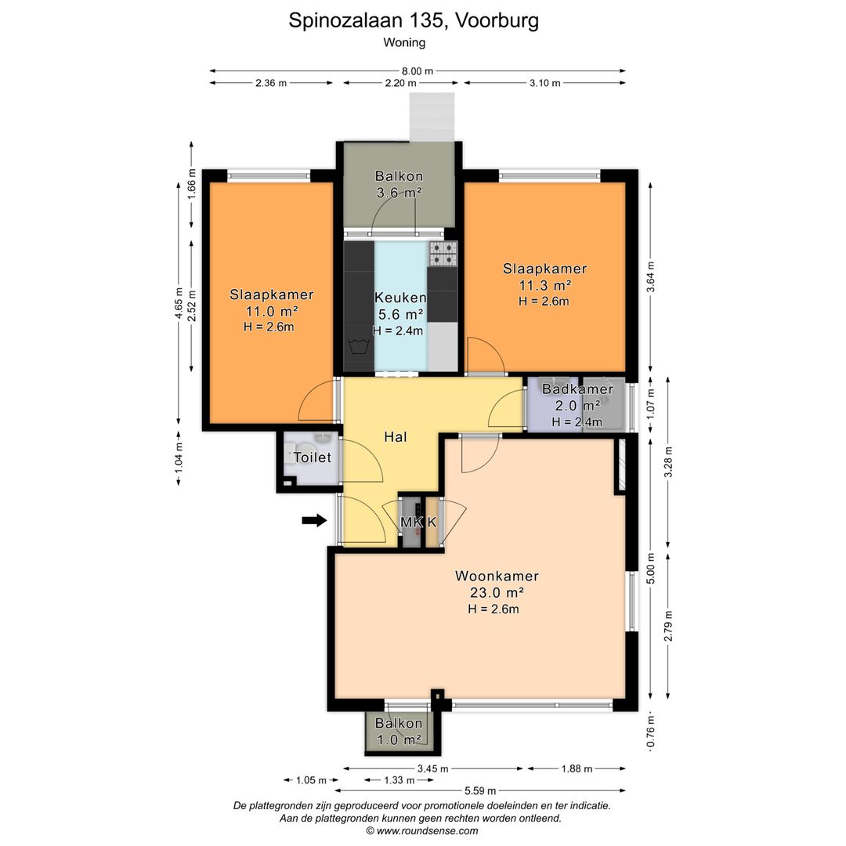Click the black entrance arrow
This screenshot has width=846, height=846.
(314, 520)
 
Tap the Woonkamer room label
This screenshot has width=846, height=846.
(497, 576)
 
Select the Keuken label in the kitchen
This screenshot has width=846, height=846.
(400, 298)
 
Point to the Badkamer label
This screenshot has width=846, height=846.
(578, 389)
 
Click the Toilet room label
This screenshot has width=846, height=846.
(313, 457)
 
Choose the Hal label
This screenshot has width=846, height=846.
(396, 436)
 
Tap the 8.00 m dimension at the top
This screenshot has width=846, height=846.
(417, 70)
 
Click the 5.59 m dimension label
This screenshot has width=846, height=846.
(480, 791)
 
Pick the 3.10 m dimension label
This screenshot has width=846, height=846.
(544, 82)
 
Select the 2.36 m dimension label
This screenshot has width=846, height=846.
(271, 82)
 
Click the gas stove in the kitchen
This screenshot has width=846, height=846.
(443, 254)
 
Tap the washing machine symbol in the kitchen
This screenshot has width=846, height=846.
(358, 345)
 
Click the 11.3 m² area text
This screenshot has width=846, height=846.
(545, 285)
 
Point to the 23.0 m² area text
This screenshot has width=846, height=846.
(497, 592)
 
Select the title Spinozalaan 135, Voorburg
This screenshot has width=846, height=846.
(414, 20)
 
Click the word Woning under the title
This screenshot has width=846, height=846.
(404, 42)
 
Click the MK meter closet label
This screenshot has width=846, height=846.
(410, 522)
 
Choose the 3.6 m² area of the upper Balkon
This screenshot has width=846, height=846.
(399, 193)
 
